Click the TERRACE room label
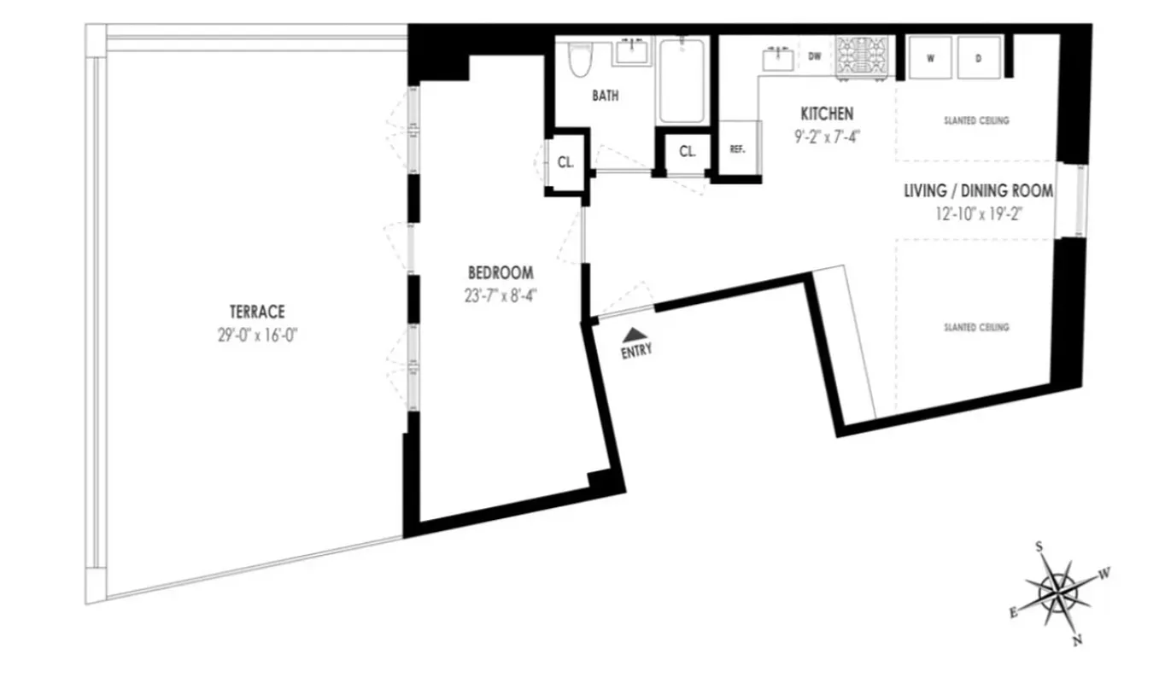point(256,312)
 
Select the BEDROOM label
point(501,273)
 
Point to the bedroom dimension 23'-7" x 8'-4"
point(501,295)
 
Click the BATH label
point(606,96)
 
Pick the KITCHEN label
point(826,114)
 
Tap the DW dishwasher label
point(815,57)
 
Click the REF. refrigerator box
point(737,149)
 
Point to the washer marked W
point(929,58)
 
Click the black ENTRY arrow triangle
point(633,334)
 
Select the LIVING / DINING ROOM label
point(978,191)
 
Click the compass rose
point(1059,591)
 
